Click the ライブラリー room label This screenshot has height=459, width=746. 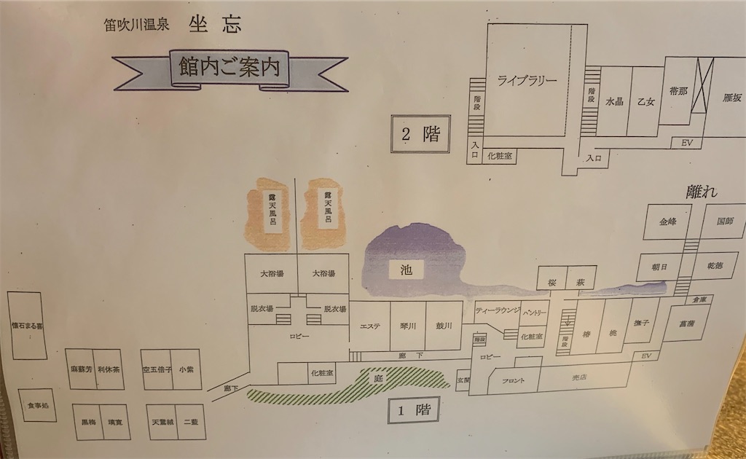[527, 81]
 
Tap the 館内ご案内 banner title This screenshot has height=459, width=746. [229, 69]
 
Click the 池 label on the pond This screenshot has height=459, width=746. [406, 270]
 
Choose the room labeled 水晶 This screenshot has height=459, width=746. [614, 102]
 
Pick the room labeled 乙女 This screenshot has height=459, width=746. [645, 102]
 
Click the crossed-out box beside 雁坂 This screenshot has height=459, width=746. [704, 85]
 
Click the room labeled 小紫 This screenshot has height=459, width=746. [186, 369]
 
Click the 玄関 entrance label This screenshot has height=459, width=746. [461, 380]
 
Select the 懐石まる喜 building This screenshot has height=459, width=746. [27, 326]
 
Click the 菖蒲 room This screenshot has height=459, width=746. [686, 323]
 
